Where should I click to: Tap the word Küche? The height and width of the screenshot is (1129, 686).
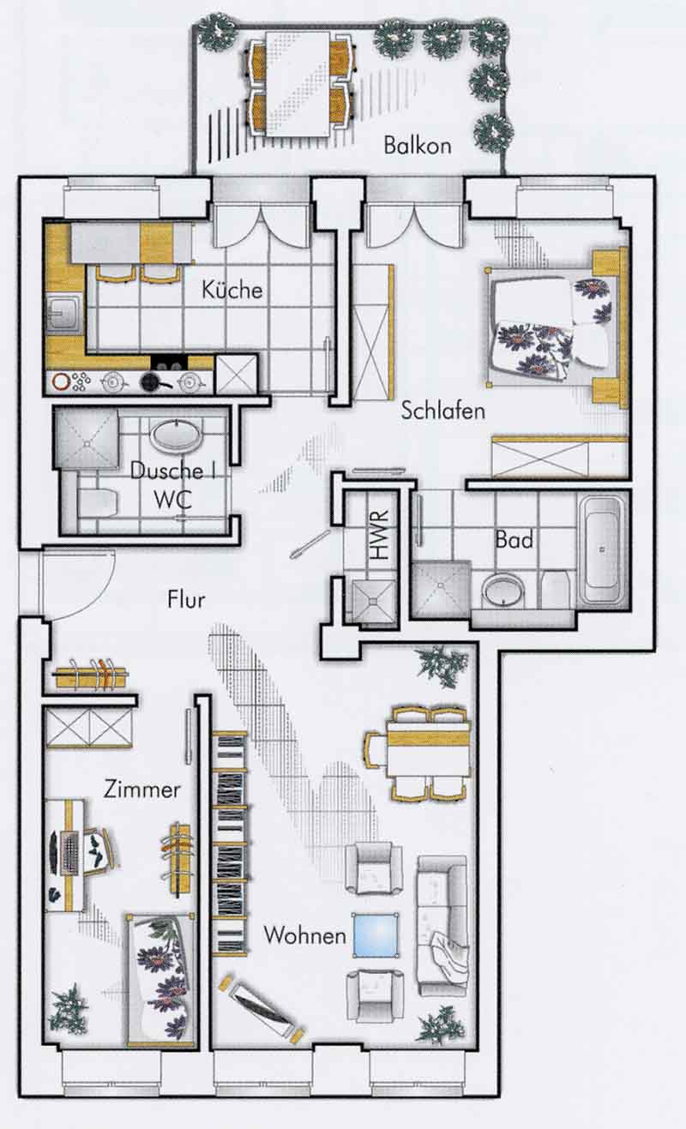click(x=232, y=289)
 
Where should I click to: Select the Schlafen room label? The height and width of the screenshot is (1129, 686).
click(x=442, y=411)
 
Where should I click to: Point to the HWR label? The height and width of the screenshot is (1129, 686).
click(x=380, y=535)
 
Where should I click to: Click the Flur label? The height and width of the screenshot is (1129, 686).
click(x=186, y=600)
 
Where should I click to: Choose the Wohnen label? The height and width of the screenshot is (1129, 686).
click(x=304, y=935)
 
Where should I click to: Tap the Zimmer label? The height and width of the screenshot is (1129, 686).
click(x=141, y=789)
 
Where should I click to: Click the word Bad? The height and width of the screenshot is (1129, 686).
click(x=514, y=540)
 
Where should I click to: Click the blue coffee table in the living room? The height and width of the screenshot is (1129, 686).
click(x=376, y=934)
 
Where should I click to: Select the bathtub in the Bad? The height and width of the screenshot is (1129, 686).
click(x=604, y=549)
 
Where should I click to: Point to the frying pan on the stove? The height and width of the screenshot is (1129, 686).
click(x=153, y=382)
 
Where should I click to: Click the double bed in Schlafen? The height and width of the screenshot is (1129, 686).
click(x=552, y=327)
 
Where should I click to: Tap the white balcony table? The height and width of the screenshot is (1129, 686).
click(x=298, y=83)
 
